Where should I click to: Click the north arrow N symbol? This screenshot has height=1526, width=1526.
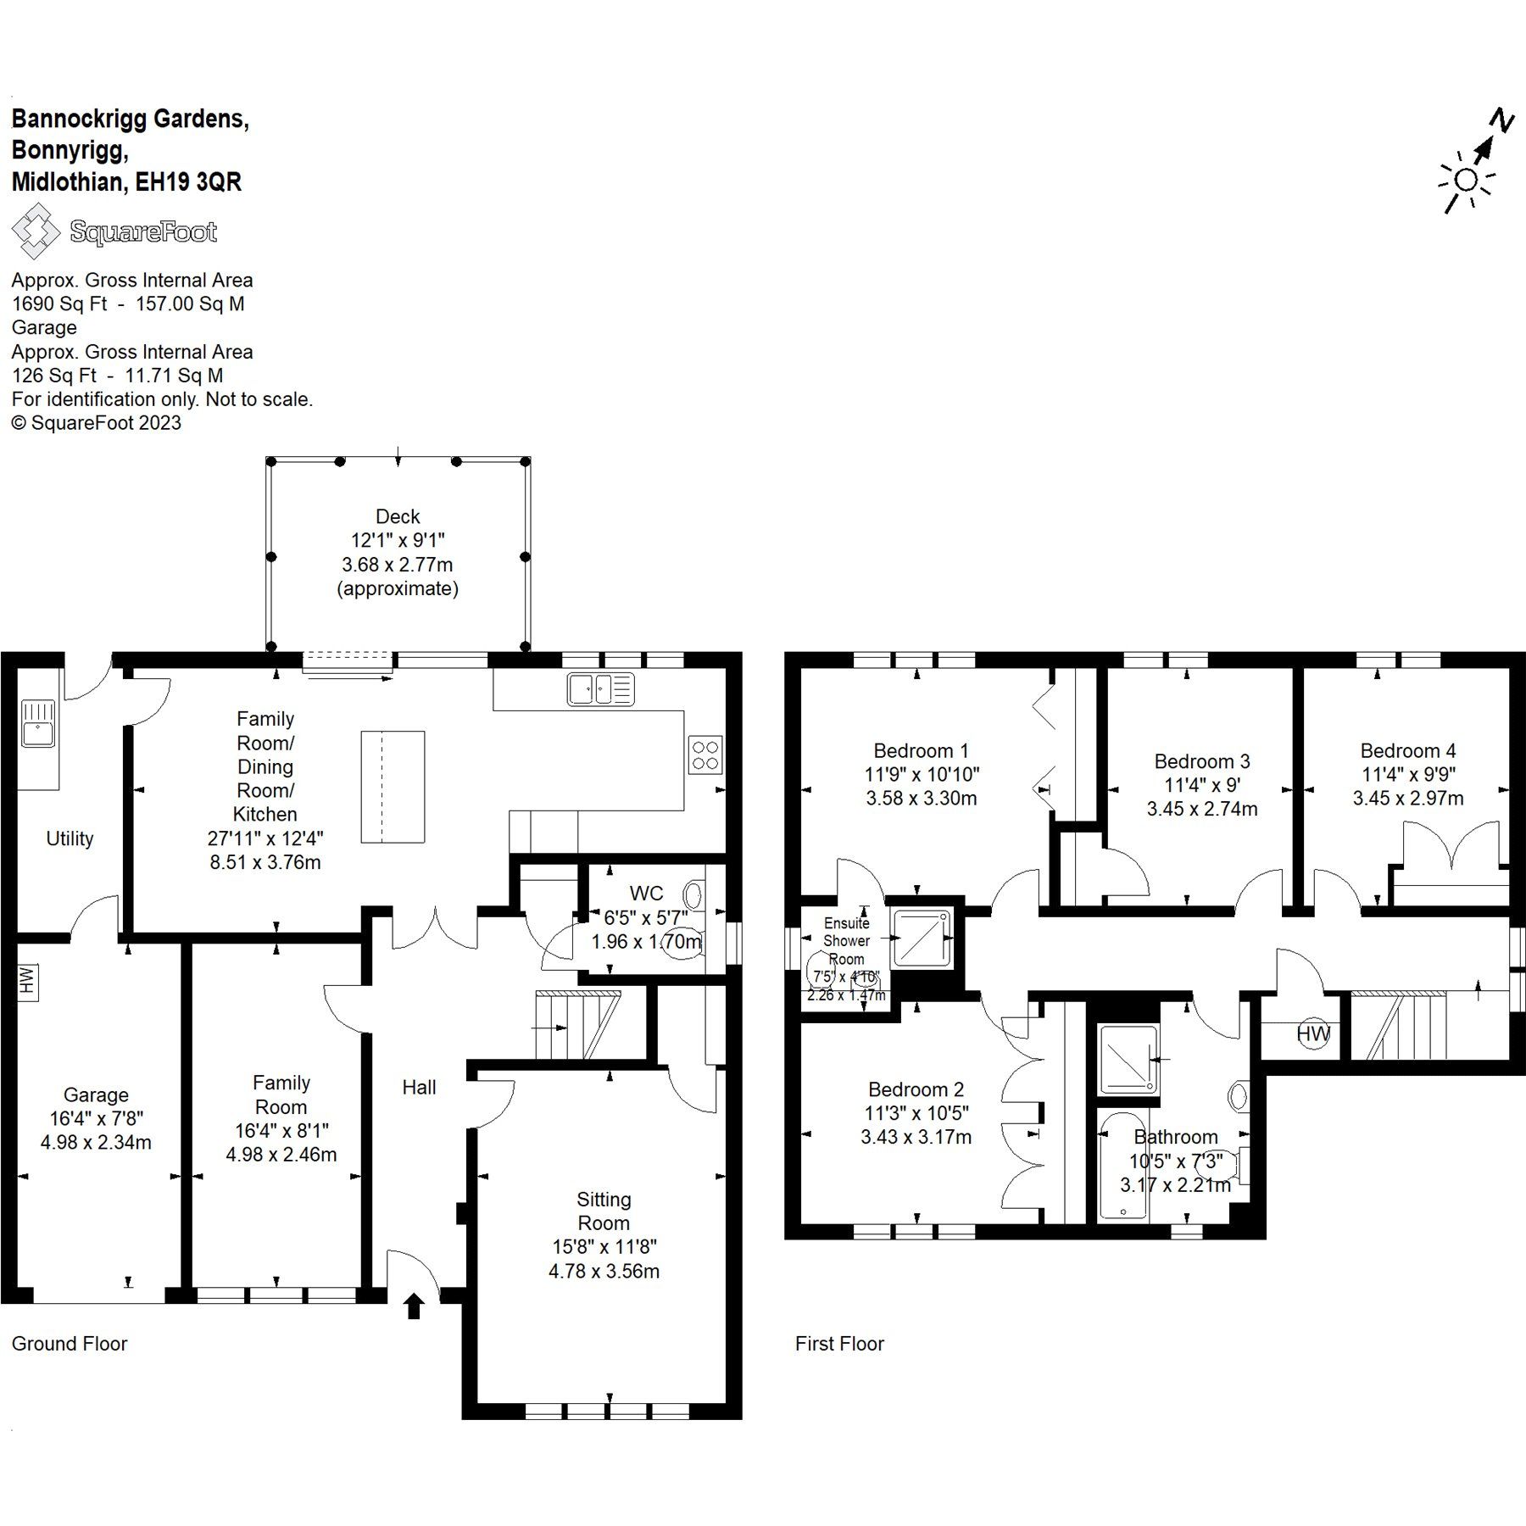[x=1501, y=121]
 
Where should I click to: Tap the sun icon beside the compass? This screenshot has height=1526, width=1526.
[x=1465, y=181]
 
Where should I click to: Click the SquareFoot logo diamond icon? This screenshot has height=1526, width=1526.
[x=35, y=231]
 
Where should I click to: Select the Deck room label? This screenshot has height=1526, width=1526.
[x=398, y=516]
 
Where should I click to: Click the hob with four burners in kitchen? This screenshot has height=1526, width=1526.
[x=705, y=755]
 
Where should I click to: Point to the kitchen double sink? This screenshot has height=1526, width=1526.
[x=600, y=688]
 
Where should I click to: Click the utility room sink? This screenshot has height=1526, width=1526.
[x=38, y=723]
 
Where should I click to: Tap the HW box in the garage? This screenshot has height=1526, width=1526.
[x=27, y=981]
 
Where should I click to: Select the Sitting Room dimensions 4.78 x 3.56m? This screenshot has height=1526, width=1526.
[x=604, y=1271]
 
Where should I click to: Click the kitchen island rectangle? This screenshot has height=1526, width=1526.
[x=393, y=787]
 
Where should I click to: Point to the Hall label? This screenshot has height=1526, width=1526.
[x=419, y=1088]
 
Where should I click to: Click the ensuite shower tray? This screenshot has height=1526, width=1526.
[x=922, y=938]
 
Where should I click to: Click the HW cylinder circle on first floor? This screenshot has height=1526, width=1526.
[x=1313, y=1033]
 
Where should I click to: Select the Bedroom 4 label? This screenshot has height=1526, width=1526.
[x=1407, y=750]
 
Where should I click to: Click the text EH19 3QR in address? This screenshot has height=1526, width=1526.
[x=188, y=182]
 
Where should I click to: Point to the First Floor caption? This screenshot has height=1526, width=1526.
[x=839, y=1344]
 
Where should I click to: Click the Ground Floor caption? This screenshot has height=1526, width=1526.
[x=70, y=1344]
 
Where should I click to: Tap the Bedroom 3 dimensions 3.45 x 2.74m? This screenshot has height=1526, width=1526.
[x=1201, y=809]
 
